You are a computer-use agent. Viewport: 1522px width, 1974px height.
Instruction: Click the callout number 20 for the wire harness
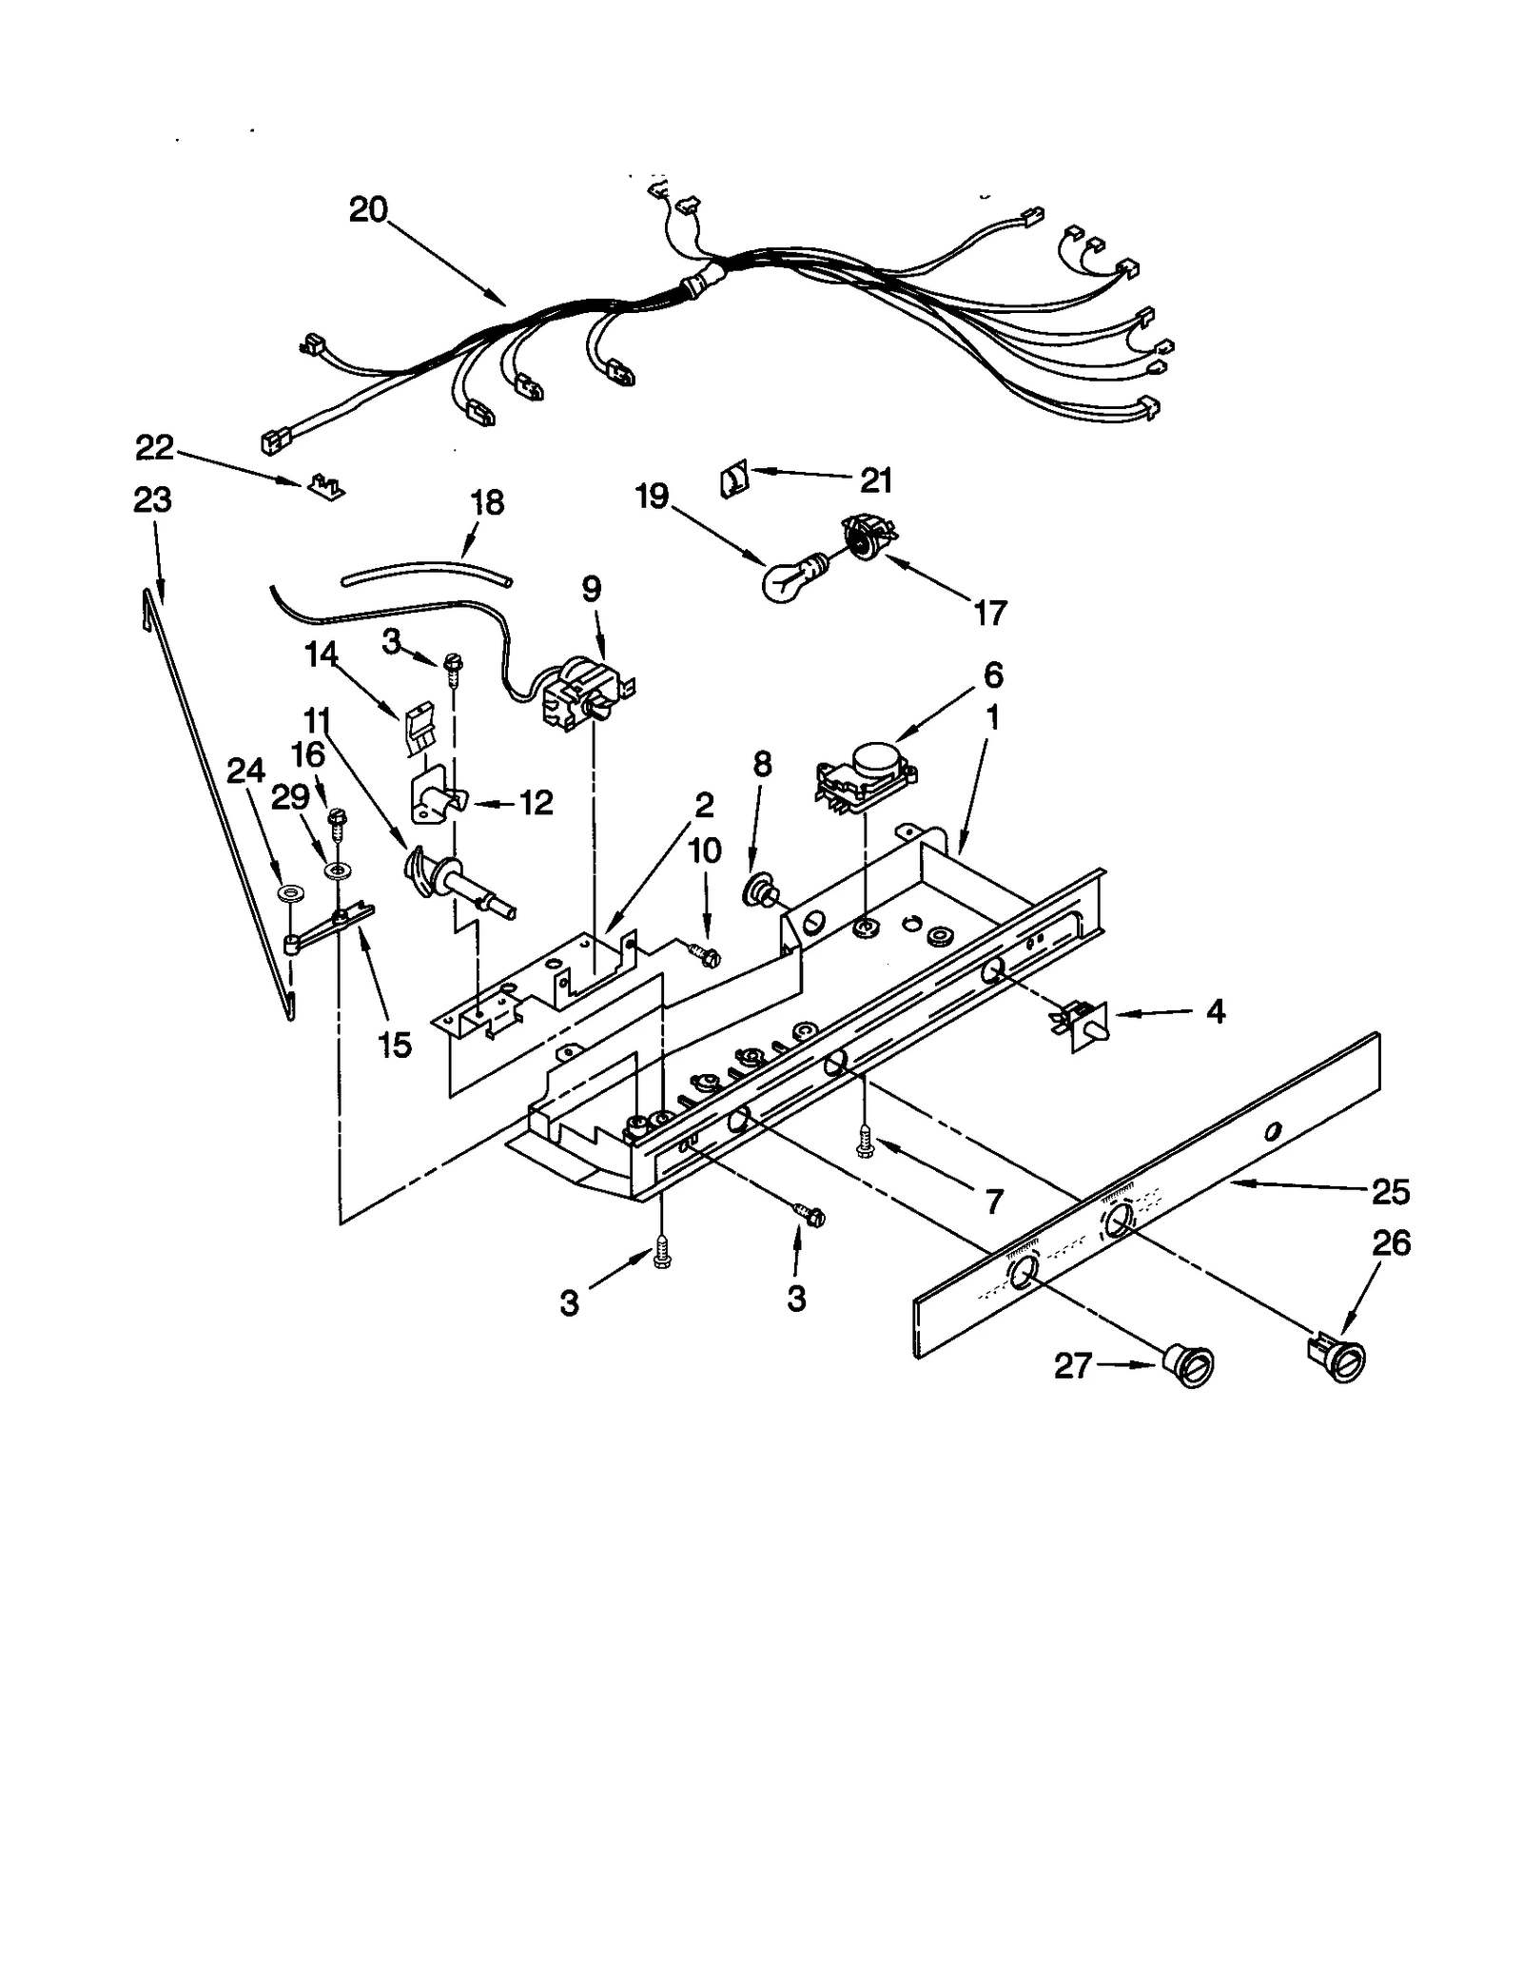pos(368,209)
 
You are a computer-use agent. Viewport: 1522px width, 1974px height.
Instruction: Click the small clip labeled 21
pos(734,479)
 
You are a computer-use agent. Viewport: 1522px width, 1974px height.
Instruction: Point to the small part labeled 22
pos(324,488)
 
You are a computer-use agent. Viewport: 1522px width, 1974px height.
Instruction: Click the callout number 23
pos(152,499)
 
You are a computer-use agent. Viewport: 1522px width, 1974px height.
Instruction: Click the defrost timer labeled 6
pos(862,778)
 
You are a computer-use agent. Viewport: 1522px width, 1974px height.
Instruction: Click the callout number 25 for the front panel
pos(1390,1192)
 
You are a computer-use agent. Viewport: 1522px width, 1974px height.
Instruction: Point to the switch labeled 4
pos(1083,1026)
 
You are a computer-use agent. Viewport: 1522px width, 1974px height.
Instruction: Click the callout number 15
pos(395,1045)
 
